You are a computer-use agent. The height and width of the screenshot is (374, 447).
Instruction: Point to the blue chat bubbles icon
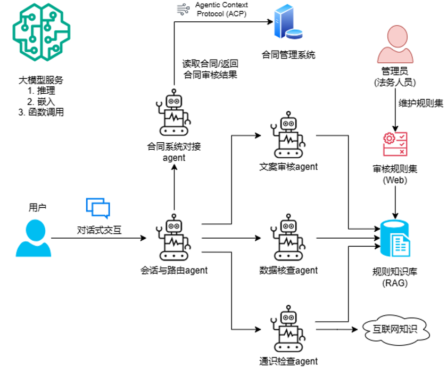point(98,208)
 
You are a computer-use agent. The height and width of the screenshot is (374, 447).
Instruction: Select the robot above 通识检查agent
point(288,329)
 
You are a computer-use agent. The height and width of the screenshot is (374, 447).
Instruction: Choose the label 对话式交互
point(99,231)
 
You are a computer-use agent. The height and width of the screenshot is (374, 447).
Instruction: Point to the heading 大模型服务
point(40,80)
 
